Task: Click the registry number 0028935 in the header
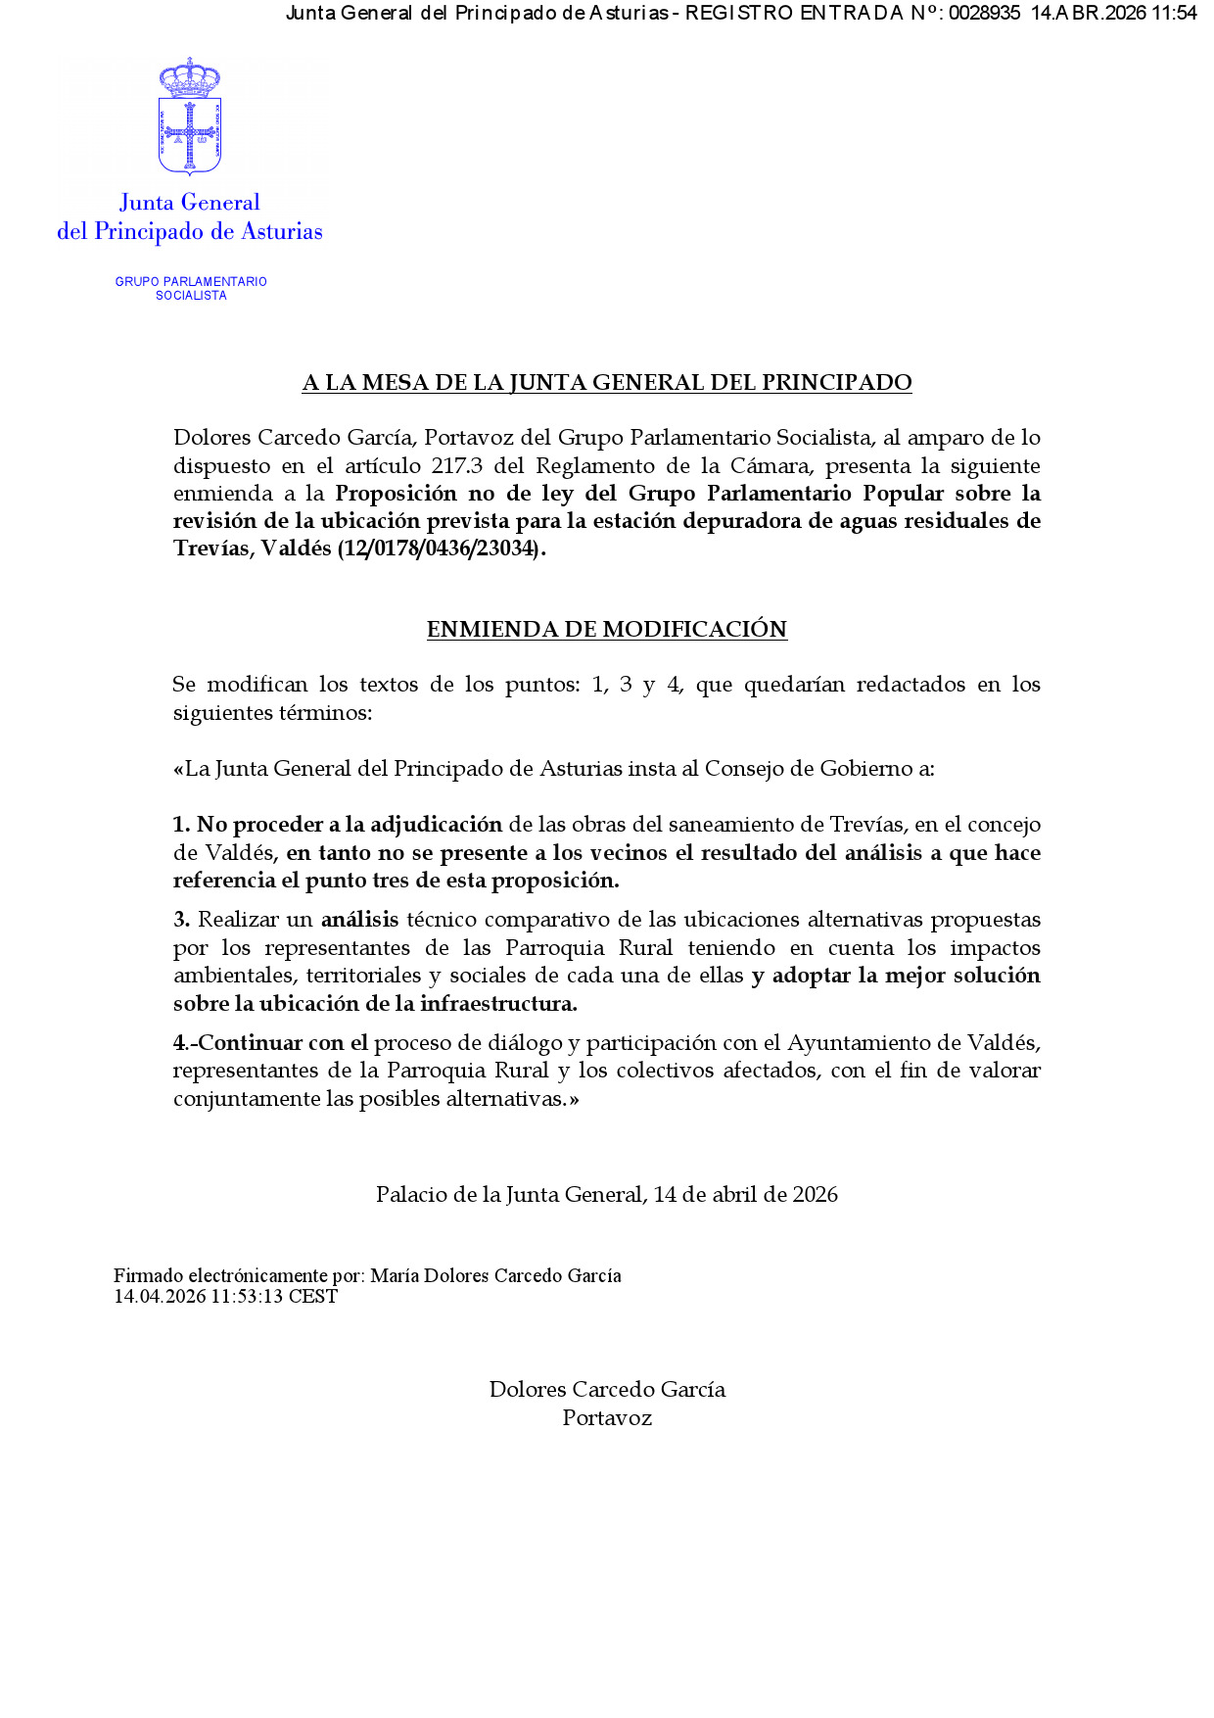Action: (x=984, y=13)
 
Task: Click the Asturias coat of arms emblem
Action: (x=190, y=118)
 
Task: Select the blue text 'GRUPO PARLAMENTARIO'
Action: (x=191, y=281)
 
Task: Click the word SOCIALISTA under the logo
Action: (x=191, y=296)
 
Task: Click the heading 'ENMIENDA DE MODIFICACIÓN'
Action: (x=607, y=629)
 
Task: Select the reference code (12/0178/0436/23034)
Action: (x=439, y=549)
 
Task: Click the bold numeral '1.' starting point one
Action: (x=181, y=825)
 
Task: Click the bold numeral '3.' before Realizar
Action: (x=181, y=920)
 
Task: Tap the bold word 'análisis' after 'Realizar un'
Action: (x=359, y=920)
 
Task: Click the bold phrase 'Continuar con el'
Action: (x=283, y=1043)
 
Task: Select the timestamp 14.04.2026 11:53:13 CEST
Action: (x=225, y=1297)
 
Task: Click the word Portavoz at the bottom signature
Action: (x=607, y=1418)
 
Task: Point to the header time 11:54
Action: (x=1174, y=13)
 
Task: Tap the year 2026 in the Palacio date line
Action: (x=815, y=1195)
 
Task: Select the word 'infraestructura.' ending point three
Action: (x=498, y=1004)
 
